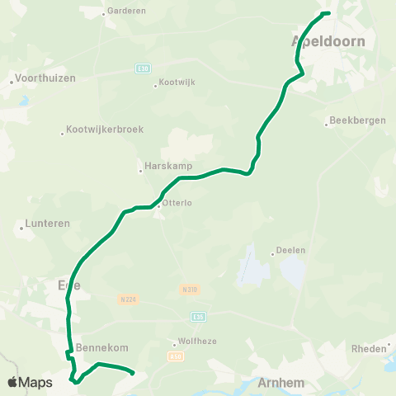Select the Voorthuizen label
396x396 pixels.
(x=45, y=78)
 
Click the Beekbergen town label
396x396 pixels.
(x=357, y=120)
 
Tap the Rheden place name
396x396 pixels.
(x=368, y=349)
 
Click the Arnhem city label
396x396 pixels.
(x=281, y=383)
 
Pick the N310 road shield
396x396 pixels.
(x=188, y=289)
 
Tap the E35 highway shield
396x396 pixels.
(x=197, y=315)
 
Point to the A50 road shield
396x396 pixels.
(x=174, y=356)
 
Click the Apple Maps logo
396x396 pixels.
(x=30, y=382)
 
